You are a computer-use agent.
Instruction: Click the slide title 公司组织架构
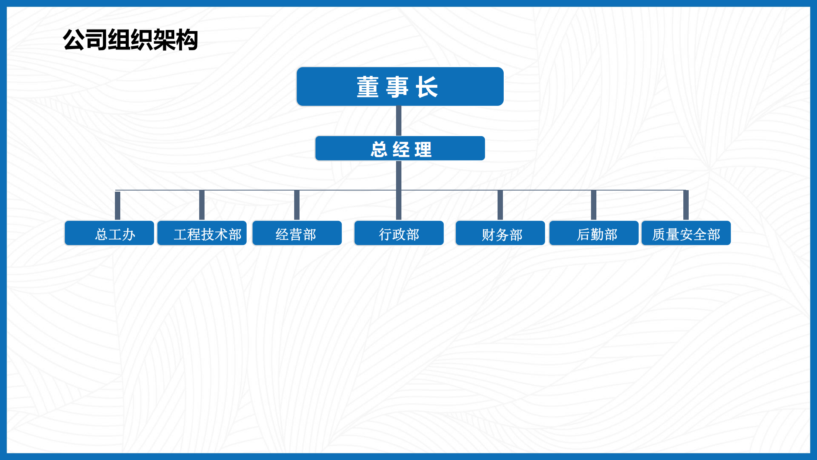click(x=130, y=39)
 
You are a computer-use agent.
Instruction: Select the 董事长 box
click(x=400, y=87)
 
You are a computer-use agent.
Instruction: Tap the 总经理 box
click(x=400, y=148)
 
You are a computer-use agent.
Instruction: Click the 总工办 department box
click(x=109, y=233)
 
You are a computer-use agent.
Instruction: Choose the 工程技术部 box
click(x=202, y=233)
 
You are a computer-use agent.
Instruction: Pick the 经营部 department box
click(x=297, y=233)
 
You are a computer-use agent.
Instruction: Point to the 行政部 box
click(x=399, y=233)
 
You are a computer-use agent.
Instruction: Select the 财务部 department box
click(x=500, y=233)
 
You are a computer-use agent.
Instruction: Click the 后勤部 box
click(x=594, y=233)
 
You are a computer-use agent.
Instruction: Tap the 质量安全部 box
click(x=686, y=233)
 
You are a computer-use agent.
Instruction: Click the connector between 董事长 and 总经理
click(x=399, y=121)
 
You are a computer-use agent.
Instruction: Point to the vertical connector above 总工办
click(x=118, y=205)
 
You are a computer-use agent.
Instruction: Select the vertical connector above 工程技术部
click(x=202, y=205)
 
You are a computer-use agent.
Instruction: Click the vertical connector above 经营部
click(x=297, y=205)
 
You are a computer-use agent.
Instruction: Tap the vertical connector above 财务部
click(x=500, y=205)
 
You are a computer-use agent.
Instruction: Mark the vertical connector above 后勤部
click(x=594, y=205)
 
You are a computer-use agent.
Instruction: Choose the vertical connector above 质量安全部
click(x=686, y=205)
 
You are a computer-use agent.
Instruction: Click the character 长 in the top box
click(x=427, y=87)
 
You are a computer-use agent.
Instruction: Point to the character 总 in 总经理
click(x=379, y=149)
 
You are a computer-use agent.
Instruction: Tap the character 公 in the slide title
click(x=74, y=40)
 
